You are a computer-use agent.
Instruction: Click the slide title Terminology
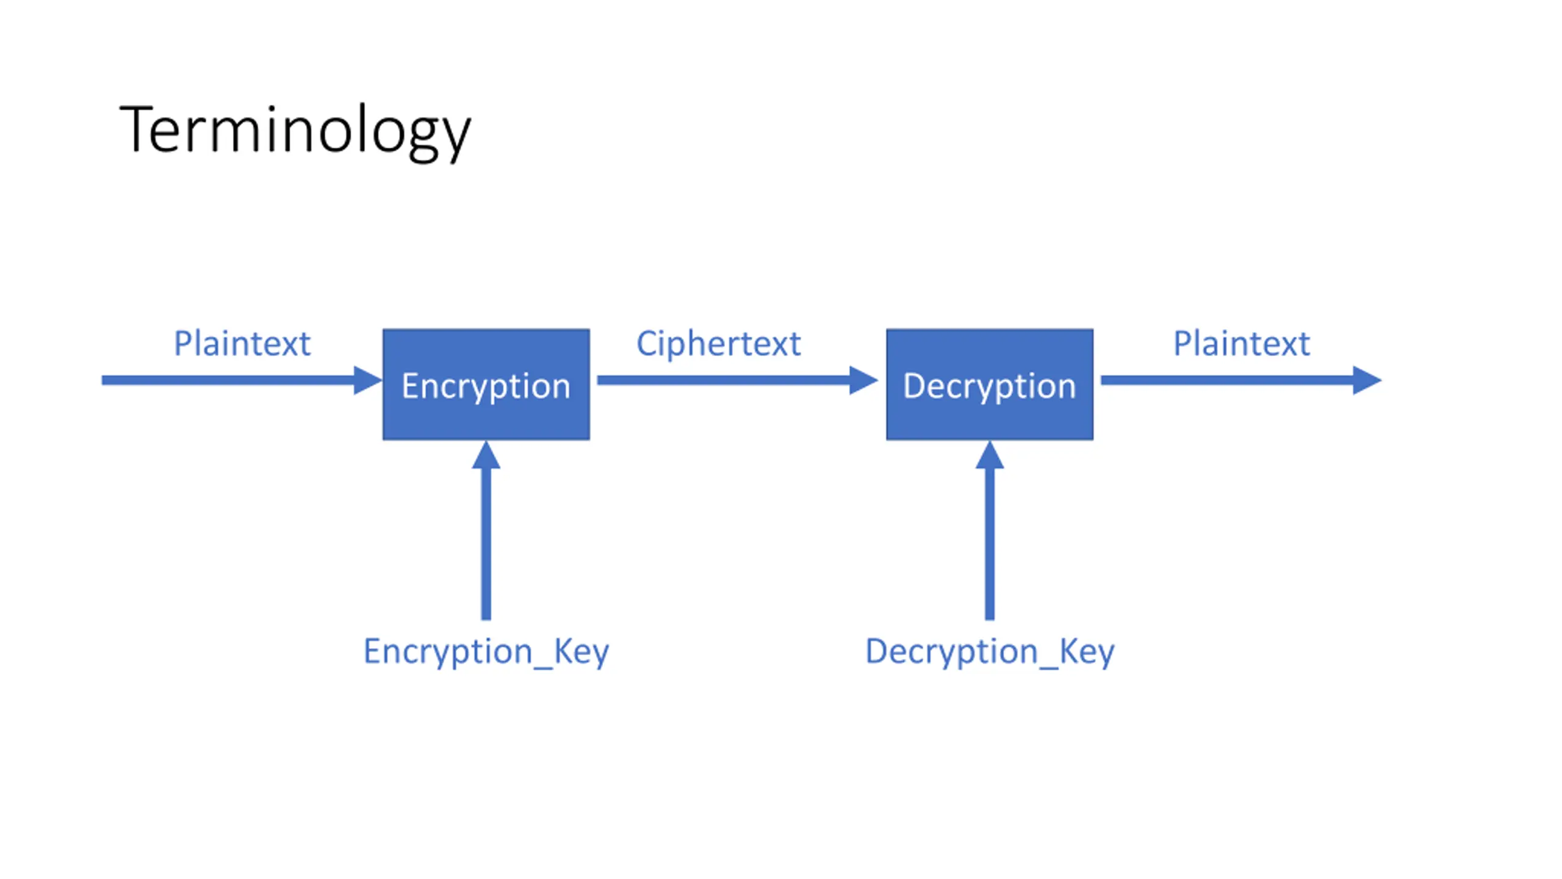pyautogui.click(x=295, y=132)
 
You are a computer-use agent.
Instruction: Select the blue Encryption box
pyautogui.click(x=486, y=385)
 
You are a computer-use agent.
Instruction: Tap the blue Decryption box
pyautogui.click(x=990, y=385)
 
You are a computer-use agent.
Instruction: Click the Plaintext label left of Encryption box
pyautogui.click(x=242, y=343)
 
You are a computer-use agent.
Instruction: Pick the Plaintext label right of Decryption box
pyautogui.click(x=1242, y=343)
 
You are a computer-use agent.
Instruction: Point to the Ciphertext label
pyautogui.click(x=718, y=344)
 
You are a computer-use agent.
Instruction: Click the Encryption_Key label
pyautogui.click(x=486, y=652)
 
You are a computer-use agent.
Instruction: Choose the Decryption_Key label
pyautogui.click(x=990, y=652)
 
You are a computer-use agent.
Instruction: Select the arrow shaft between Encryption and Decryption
pyautogui.click(x=724, y=380)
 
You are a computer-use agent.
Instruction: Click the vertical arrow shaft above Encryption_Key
pyautogui.click(x=486, y=544)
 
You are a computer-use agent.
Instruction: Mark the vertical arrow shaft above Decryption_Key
pyautogui.click(x=990, y=544)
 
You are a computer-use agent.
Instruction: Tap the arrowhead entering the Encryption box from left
pyautogui.click(x=368, y=380)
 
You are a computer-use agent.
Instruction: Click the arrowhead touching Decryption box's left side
pyautogui.click(x=864, y=380)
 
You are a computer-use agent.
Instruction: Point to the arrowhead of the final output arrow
pyautogui.click(x=1367, y=380)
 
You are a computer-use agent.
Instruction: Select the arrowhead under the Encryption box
pyautogui.click(x=486, y=455)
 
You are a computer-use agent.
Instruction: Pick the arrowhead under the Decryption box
pyautogui.click(x=990, y=455)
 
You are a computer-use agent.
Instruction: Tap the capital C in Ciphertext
pyautogui.click(x=646, y=344)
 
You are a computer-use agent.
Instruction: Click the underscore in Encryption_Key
pyautogui.click(x=543, y=668)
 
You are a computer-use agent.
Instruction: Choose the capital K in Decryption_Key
pyautogui.click(x=1069, y=651)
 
